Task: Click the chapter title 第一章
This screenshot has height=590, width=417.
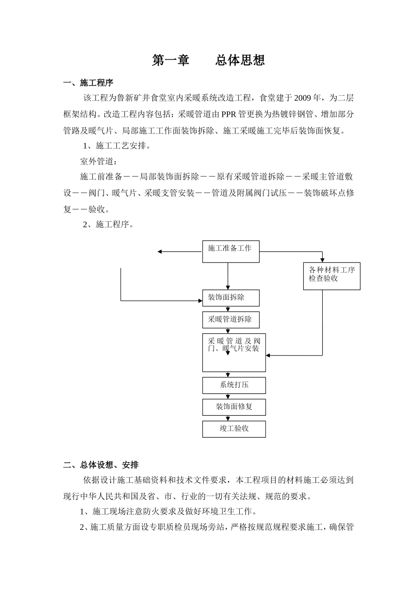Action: [x=170, y=60]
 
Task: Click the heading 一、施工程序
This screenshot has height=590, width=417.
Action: [x=88, y=83]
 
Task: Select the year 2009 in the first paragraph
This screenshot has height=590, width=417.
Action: [x=302, y=98]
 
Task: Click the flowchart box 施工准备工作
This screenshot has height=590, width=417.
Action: [x=230, y=251]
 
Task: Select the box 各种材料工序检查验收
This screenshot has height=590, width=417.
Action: [x=331, y=276]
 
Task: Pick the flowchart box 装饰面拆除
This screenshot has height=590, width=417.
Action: [x=230, y=298]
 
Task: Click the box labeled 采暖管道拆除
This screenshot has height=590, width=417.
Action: [x=230, y=320]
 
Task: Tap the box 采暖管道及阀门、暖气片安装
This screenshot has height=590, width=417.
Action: [x=234, y=353]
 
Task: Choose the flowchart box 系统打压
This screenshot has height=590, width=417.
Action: [x=234, y=385]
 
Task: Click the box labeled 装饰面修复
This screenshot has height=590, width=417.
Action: [x=234, y=407]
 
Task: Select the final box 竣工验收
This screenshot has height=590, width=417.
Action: [x=234, y=429]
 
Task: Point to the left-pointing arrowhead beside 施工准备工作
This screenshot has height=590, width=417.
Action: [x=160, y=252]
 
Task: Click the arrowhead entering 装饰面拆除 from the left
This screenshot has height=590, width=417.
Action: [x=200, y=301]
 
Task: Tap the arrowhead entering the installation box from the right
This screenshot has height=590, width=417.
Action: [x=268, y=355]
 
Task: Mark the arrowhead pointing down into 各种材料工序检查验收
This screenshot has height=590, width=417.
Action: [x=322, y=260]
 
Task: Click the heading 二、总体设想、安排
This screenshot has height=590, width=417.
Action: [x=101, y=464]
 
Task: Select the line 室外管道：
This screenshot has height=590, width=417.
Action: [x=96, y=161]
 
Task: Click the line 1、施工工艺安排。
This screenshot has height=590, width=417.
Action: [x=117, y=145]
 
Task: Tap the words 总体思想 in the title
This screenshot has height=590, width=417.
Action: [x=240, y=60]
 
